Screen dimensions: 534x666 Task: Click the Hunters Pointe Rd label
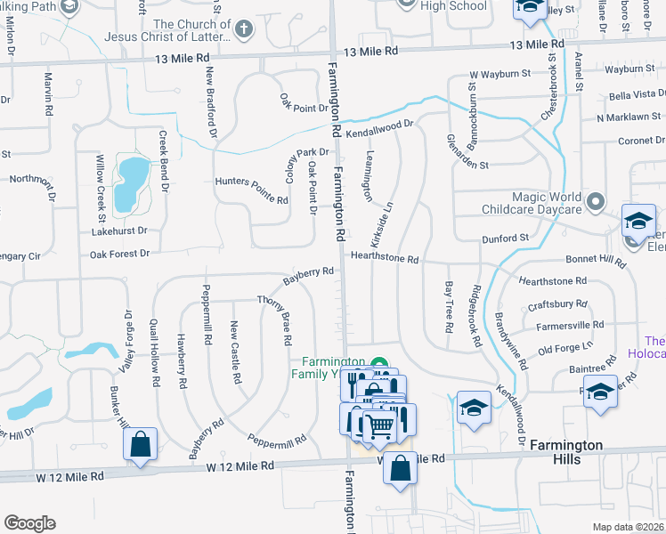tap(252, 190)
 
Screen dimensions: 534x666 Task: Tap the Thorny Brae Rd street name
tap(275, 320)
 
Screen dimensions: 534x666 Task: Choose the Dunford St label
tap(506, 238)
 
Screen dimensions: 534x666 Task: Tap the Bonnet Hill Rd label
tap(597, 261)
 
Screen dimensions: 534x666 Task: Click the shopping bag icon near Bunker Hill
tap(141, 444)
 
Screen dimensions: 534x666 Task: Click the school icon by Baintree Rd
tap(601, 392)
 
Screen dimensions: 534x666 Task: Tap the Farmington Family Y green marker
tap(381, 364)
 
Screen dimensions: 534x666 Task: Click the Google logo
tap(29, 522)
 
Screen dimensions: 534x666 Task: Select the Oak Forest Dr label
tap(119, 254)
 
